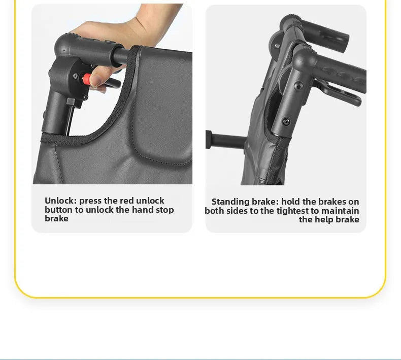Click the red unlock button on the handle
click(87, 79)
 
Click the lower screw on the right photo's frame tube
click(286, 122)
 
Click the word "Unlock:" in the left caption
click(60, 201)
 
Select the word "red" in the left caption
click(127, 201)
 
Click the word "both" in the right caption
click(215, 211)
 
